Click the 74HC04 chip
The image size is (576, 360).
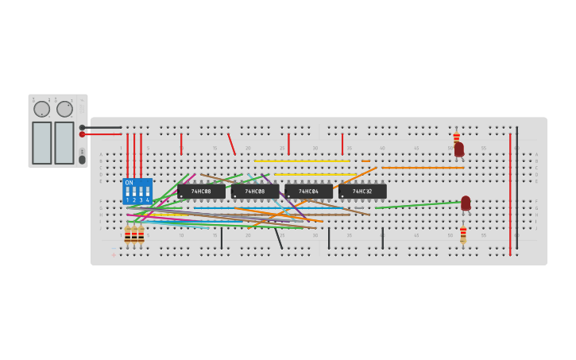tap(308, 192)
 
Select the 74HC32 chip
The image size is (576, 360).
tap(362, 192)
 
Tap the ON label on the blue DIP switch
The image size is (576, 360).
tap(129, 183)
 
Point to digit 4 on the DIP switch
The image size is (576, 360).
tap(147, 200)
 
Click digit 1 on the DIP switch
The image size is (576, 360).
tap(127, 200)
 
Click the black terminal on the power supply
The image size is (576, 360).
tap(82, 127)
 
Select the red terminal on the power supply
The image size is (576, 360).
tap(82, 134)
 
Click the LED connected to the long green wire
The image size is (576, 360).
tap(466, 203)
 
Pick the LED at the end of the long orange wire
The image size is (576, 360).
tap(458, 149)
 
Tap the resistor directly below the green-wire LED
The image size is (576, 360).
tap(463, 234)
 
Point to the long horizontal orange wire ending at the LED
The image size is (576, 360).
tap(421, 168)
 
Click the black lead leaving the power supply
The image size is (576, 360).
tap(103, 127)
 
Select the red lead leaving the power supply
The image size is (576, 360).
tap(103, 134)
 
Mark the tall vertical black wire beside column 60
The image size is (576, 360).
tap(516, 187)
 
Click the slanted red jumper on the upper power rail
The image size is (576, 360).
tap(231, 144)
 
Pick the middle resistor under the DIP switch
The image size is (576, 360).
tap(134, 234)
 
